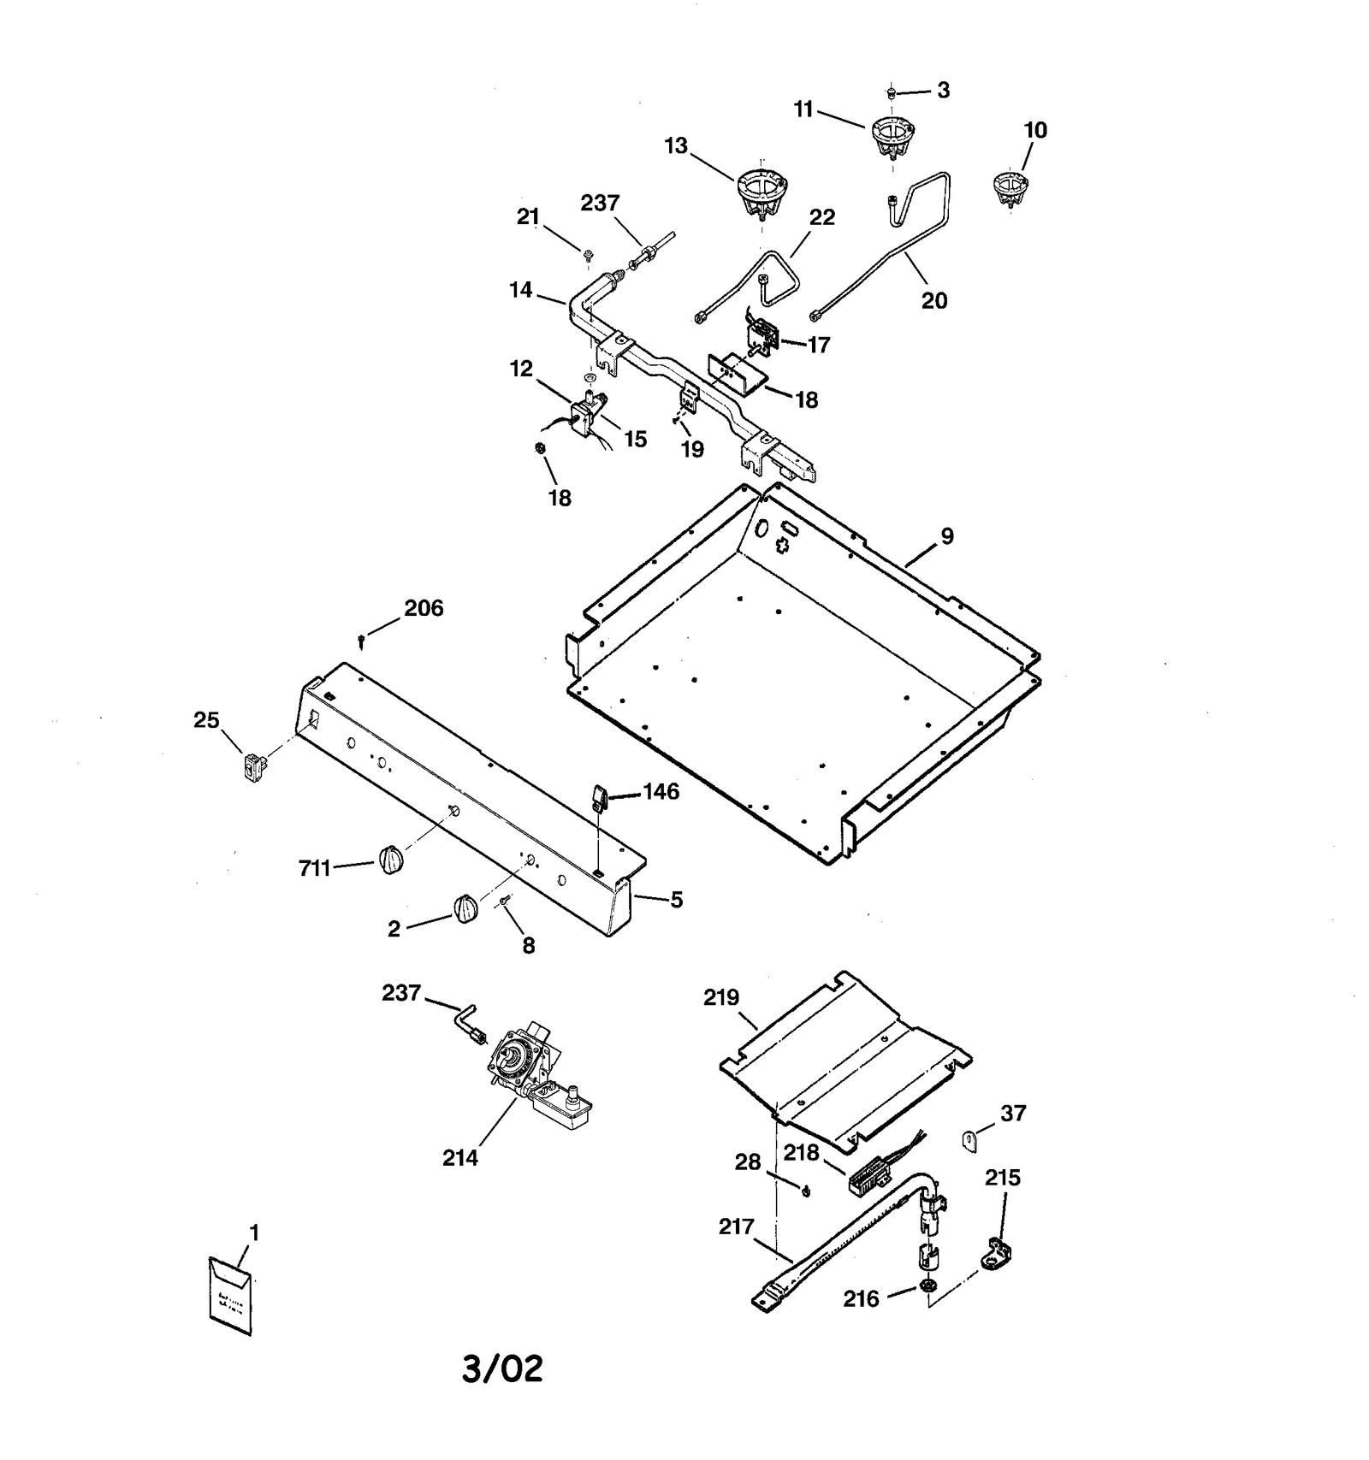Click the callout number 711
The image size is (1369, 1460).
tap(314, 868)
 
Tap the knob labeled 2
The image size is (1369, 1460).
tap(465, 909)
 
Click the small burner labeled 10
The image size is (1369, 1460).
tap(1010, 187)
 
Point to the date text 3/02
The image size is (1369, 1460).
tap(502, 1368)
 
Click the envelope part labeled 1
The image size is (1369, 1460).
tap(230, 1295)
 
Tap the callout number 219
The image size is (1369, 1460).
tap(721, 997)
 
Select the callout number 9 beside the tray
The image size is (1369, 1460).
tap(946, 536)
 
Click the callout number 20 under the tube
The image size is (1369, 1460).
tap(934, 300)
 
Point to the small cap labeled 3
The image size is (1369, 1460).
tap(891, 91)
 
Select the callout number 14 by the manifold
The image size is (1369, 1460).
tap(520, 290)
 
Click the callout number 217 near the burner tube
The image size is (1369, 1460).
tap(736, 1227)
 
